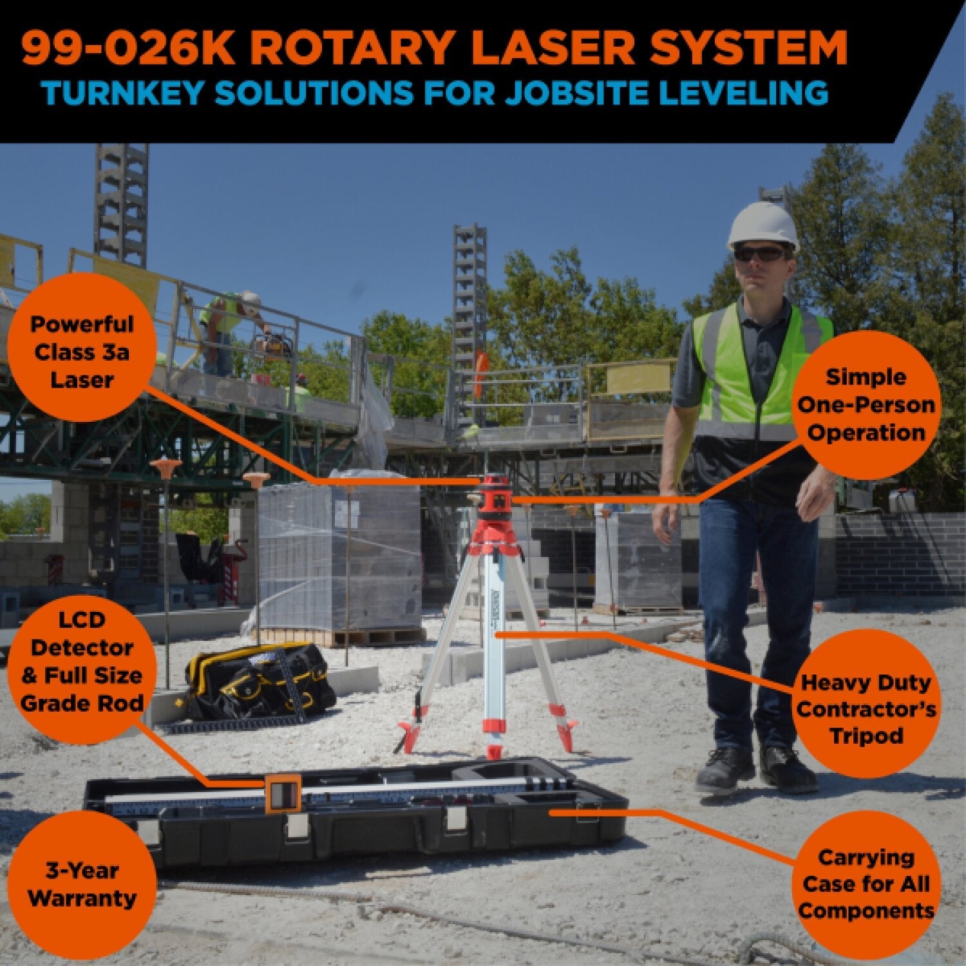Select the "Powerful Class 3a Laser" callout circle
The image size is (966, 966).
coord(82,352)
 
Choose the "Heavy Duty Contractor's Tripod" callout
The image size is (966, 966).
coord(867,709)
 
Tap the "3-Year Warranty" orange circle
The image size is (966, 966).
coord(82,884)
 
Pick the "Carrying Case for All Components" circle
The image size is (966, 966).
coord(867,884)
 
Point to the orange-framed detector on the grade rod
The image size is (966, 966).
coord(283,793)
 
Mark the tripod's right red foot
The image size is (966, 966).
coord(569,734)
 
